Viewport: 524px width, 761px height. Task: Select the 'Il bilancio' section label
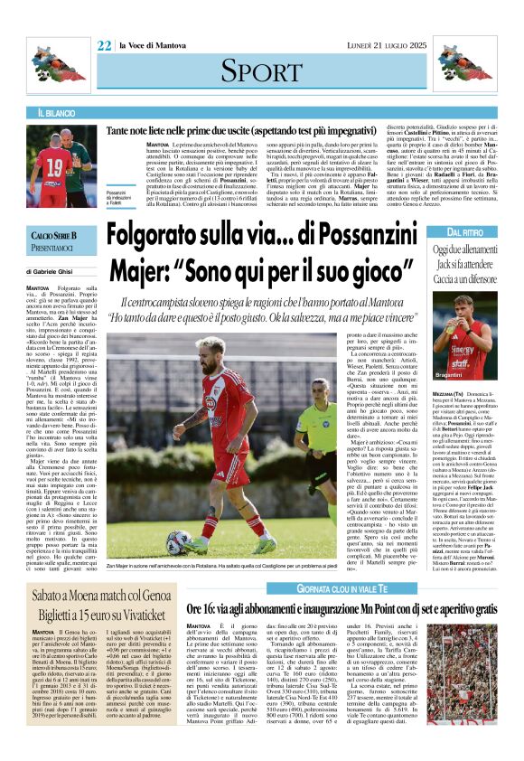point(57,113)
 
